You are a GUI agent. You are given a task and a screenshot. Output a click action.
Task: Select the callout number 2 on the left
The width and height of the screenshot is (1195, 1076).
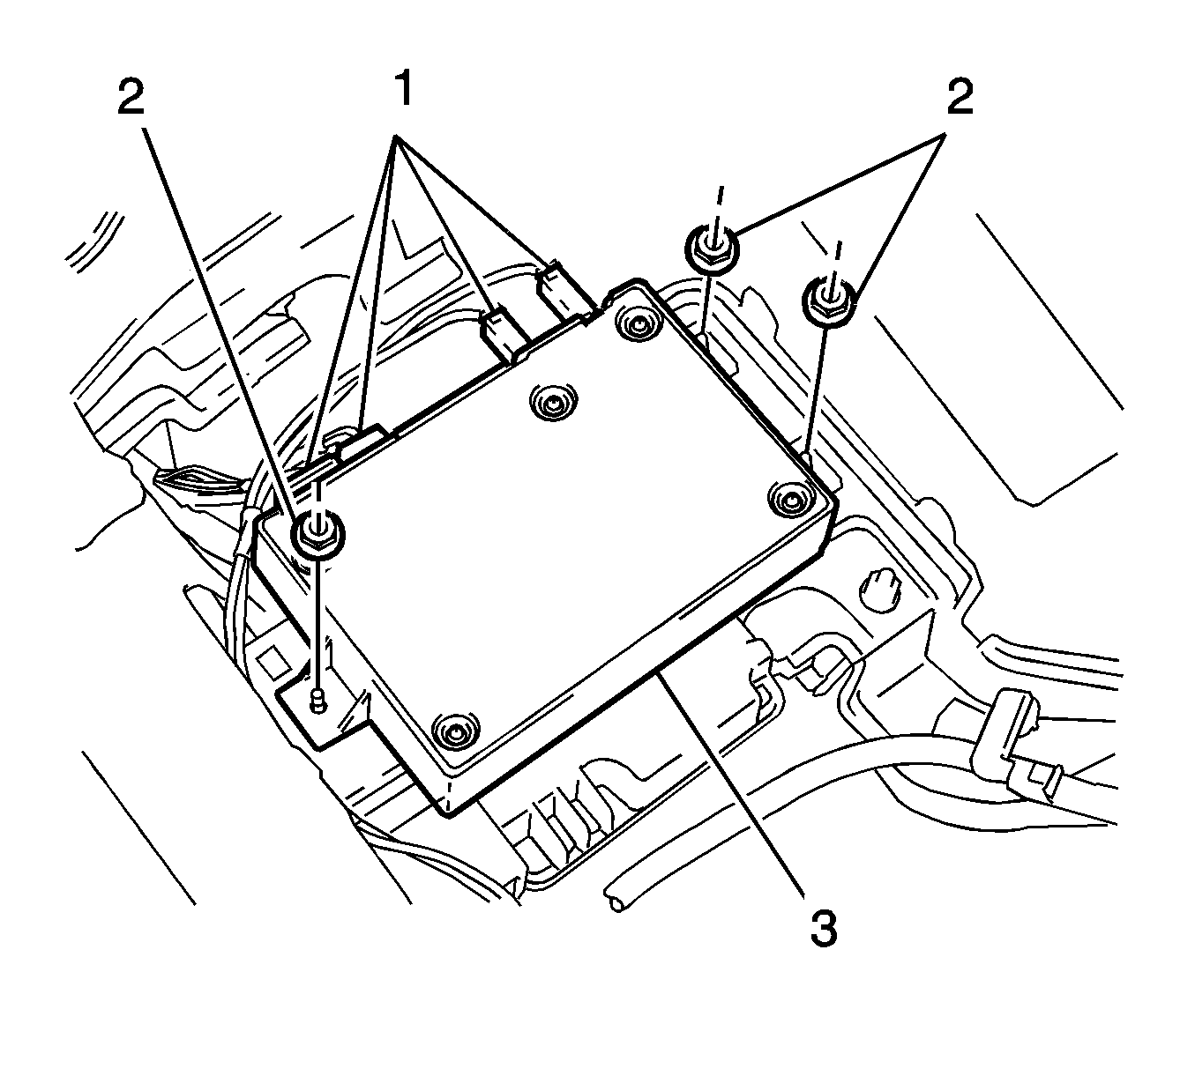pos(130,100)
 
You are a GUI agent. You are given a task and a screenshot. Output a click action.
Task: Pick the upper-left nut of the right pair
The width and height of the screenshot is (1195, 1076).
pos(710,246)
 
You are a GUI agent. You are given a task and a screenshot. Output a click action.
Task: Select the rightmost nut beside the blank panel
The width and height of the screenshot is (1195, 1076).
pos(827,301)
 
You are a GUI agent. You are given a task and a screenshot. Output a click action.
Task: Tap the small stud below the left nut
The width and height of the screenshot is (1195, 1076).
pos(316,702)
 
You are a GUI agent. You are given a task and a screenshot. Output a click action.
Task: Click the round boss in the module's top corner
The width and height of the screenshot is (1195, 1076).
pos(633,323)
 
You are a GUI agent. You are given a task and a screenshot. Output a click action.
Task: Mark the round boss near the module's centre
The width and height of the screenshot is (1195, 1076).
pos(552,404)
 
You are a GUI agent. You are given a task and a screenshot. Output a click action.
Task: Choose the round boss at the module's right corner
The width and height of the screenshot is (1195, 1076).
pos(788,501)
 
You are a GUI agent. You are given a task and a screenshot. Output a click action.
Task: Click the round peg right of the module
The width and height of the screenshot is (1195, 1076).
pos(878,586)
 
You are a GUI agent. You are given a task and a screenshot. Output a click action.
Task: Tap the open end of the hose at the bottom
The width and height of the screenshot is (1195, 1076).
pos(615,898)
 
